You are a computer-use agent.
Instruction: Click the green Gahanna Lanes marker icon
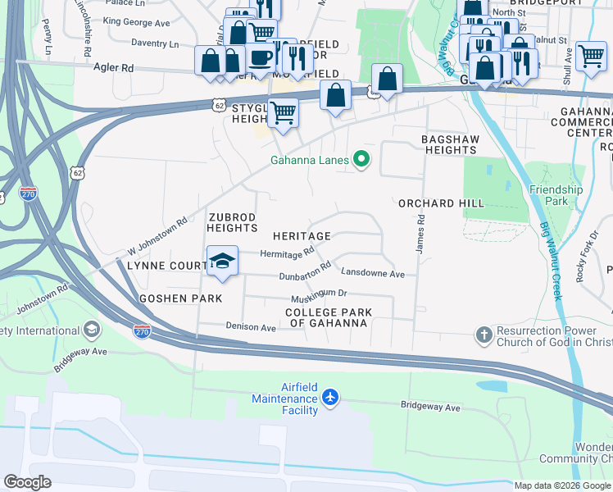tap(361, 160)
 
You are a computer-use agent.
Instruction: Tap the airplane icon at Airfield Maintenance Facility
tap(330, 398)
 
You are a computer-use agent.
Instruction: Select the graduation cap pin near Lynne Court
tap(222, 261)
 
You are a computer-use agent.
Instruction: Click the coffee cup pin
tap(261, 57)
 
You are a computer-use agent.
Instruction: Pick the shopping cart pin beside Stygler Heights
tap(283, 112)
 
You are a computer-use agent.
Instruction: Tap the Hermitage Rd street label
tap(287, 253)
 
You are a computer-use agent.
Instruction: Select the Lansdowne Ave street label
tap(373, 273)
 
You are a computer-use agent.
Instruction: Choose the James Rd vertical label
tap(420, 234)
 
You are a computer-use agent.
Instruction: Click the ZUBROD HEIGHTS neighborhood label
tap(233, 222)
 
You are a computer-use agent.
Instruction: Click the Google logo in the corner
tap(28, 482)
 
